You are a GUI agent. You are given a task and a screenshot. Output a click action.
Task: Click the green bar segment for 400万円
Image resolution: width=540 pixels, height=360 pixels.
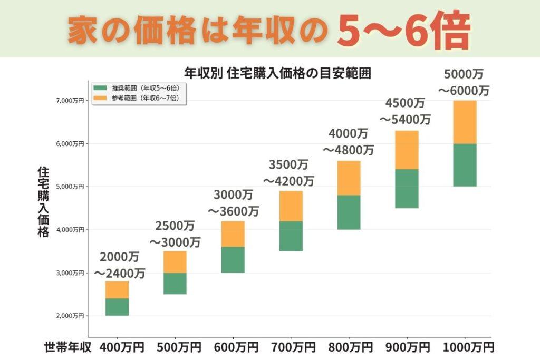click(x=117, y=307)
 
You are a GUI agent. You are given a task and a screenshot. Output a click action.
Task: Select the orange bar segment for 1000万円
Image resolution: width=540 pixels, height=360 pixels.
click(x=465, y=122)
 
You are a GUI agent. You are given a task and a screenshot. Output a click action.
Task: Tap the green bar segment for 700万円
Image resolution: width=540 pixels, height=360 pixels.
click(x=291, y=236)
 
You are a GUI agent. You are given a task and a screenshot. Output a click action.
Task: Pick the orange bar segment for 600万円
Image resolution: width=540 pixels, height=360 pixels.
click(x=233, y=234)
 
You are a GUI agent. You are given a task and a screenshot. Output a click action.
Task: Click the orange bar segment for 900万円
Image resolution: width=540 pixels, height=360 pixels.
click(x=407, y=150)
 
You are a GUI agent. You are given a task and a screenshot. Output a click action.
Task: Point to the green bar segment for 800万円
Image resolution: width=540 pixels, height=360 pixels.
click(x=349, y=212)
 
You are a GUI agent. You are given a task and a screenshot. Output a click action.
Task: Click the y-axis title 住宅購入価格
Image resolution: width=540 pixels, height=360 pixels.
click(x=43, y=202)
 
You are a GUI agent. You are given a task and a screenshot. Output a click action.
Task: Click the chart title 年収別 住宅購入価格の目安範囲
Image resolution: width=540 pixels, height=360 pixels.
click(x=277, y=73)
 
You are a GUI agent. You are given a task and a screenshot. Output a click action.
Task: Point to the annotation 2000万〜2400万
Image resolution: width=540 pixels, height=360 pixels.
click(x=120, y=265)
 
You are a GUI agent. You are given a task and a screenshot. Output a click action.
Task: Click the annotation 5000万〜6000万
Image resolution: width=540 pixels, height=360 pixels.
click(x=464, y=82)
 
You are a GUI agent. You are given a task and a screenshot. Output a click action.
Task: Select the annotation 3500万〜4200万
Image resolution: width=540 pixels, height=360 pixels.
click(x=288, y=173)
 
